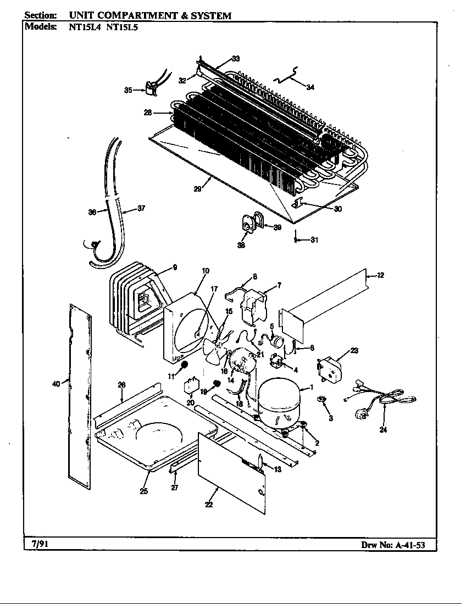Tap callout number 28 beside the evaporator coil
pos(148,113)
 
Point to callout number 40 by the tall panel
pos(56,384)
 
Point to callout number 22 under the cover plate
pos(209,505)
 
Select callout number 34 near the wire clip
pos(310,87)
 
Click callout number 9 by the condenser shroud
pos(174,267)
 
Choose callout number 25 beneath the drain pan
pos(143,491)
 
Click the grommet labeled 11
pos(185,365)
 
